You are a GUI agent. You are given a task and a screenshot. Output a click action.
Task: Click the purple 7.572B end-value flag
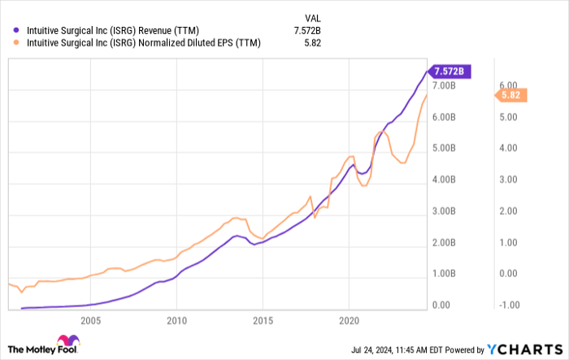point(450,71)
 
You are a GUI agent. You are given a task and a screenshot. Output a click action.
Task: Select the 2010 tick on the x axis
point(176,320)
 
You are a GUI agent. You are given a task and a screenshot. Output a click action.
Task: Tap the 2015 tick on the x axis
point(263,320)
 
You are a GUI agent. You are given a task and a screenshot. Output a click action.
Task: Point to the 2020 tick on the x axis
point(349,320)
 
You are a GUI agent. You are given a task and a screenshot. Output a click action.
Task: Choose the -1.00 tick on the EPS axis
point(509,306)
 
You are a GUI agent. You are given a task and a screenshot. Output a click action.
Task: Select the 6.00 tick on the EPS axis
point(509,85)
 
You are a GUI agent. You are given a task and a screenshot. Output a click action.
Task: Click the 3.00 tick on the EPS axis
point(509,180)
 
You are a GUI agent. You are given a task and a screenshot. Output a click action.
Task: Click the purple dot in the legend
point(11,31)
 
